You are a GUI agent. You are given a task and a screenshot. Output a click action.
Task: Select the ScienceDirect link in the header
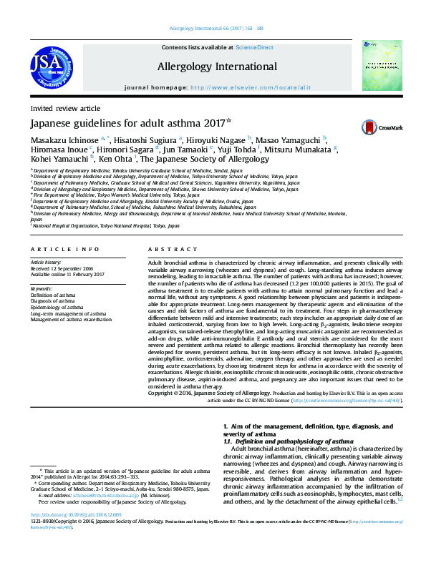click(x=255, y=47)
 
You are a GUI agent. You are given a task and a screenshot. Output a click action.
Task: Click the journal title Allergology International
click(x=217, y=67)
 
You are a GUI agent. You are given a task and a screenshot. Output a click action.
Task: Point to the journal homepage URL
click(x=253, y=87)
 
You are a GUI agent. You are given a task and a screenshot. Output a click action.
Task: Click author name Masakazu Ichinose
click(x=64, y=139)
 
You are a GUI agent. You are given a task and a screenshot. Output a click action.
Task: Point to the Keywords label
click(x=42, y=289)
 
